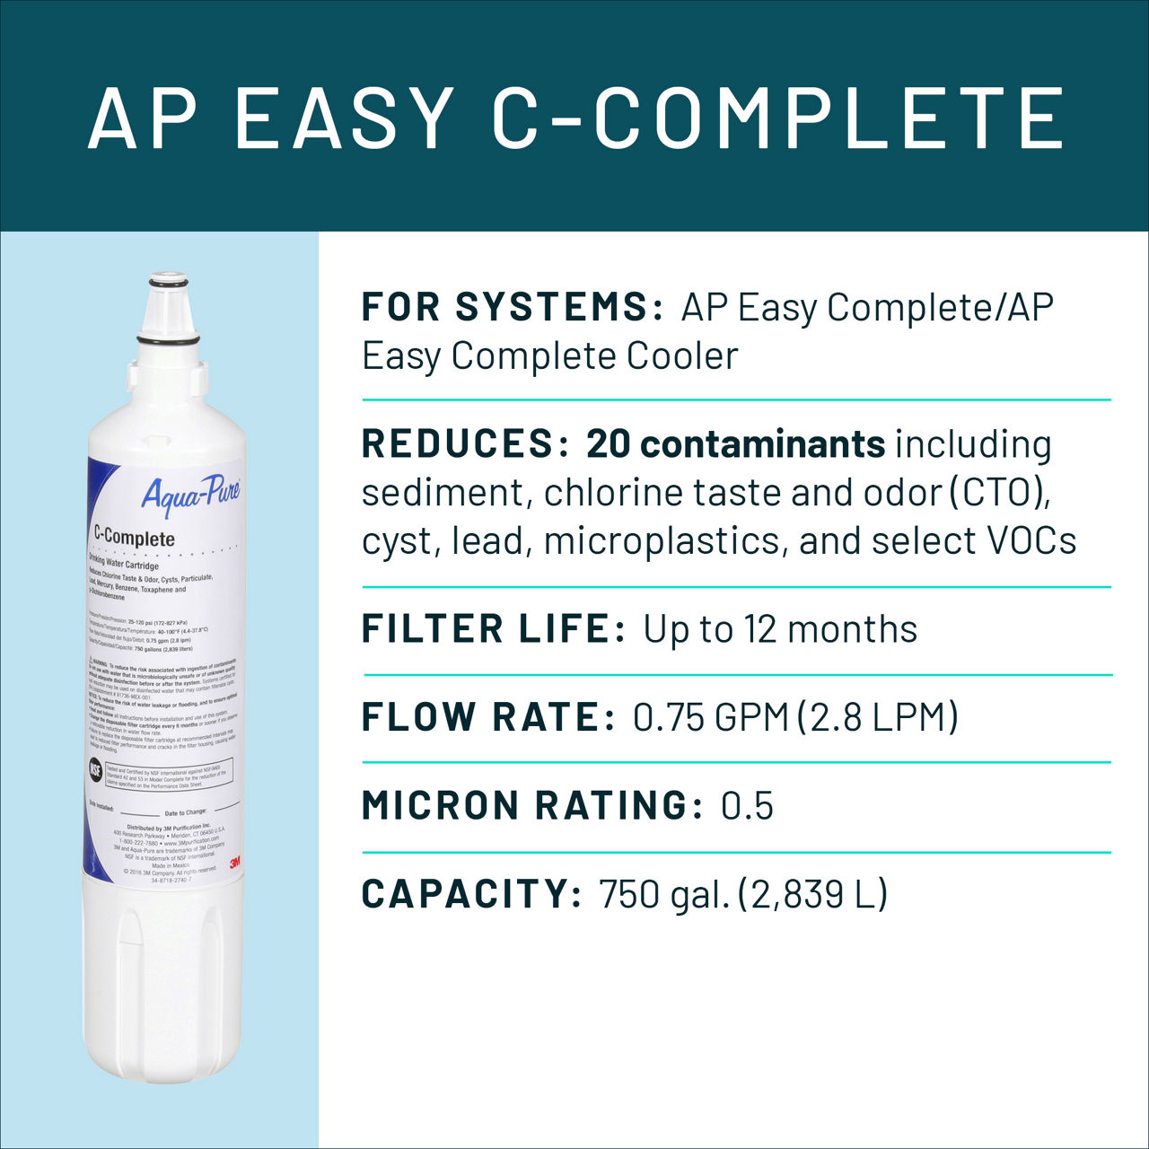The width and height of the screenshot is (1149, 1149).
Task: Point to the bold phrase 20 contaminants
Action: [x=736, y=444]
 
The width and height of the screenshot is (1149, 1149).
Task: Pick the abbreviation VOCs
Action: [x=1031, y=541]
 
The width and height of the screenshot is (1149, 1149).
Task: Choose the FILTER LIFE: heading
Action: [x=495, y=629]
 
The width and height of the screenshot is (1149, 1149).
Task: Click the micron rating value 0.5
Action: [x=747, y=806]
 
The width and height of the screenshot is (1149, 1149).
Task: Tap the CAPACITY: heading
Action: [x=472, y=894]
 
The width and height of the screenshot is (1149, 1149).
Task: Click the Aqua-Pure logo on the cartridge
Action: [x=190, y=494]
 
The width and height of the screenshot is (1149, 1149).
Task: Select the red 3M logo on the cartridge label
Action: [x=234, y=863]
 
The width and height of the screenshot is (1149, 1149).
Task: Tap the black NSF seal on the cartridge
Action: [x=96, y=769]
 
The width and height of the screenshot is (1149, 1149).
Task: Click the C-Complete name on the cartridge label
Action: [x=135, y=537]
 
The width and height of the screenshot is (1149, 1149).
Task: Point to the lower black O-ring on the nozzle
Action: [x=168, y=340]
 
